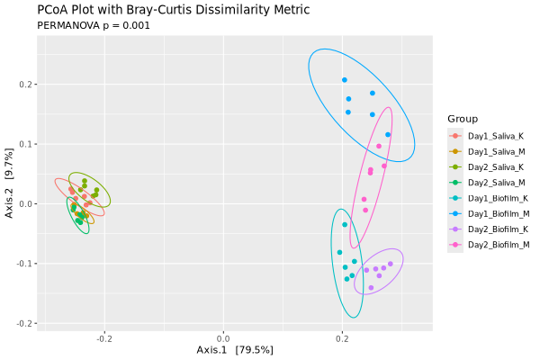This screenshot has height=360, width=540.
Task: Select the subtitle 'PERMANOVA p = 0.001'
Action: pyautogui.click(x=94, y=25)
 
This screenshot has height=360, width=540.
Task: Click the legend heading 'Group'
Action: pyautogui.click(x=463, y=119)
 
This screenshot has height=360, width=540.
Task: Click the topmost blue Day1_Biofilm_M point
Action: pyautogui.click(x=344, y=80)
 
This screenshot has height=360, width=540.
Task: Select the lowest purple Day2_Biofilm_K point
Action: pyautogui.click(x=371, y=288)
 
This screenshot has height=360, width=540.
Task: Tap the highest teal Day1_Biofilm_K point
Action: pyautogui.click(x=345, y=224)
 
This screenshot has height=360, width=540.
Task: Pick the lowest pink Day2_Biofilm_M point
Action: pyautogui.click(x=365, y=210)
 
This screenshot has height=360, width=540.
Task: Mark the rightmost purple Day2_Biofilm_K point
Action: pyautogui.click(x=391, y=264)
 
